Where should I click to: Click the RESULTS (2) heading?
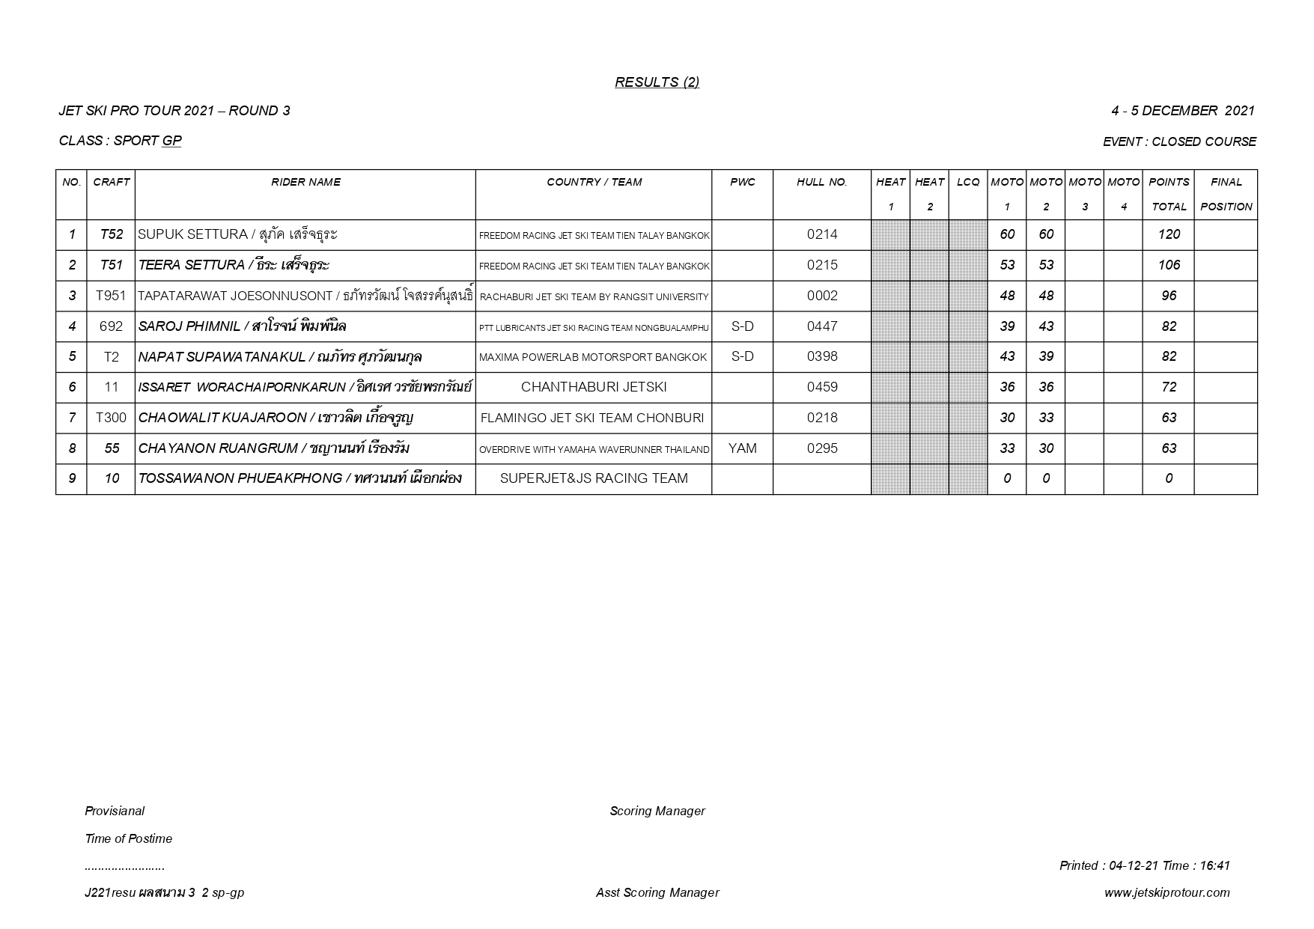click(x=657, y=82)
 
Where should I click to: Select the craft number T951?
click(x=111, y=296)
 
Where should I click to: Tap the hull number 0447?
click(x=821, y=326)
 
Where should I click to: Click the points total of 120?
click(x=1168, y=234)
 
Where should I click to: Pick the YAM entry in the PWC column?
click(x=742, y=448)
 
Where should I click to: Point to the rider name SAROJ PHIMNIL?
click(x=189, y=326)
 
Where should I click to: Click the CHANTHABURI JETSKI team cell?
click(x=593, y=387)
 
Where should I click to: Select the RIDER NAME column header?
click(x=305, y=182)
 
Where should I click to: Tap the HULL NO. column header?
click(x=821, y=182)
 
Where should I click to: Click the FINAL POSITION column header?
click(x=1226, y=194)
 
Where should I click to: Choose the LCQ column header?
click(x=967, y=182)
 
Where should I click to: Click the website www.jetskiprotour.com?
click(x=1167, y=892)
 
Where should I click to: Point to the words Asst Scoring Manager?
click(x=657, y=892)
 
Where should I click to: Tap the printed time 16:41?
click(x=1214, y=865)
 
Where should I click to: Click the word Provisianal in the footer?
click(x=115, y=811)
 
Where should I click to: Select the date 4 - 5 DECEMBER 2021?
click(x=1182, y=111)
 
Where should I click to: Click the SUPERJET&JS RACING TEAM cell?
click(x=593, y=478)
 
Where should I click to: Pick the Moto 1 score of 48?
click(x=1007, y=296)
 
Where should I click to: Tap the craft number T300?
click(x=111, y=418)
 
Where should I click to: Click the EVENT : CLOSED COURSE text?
click(x=1179, y=141)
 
